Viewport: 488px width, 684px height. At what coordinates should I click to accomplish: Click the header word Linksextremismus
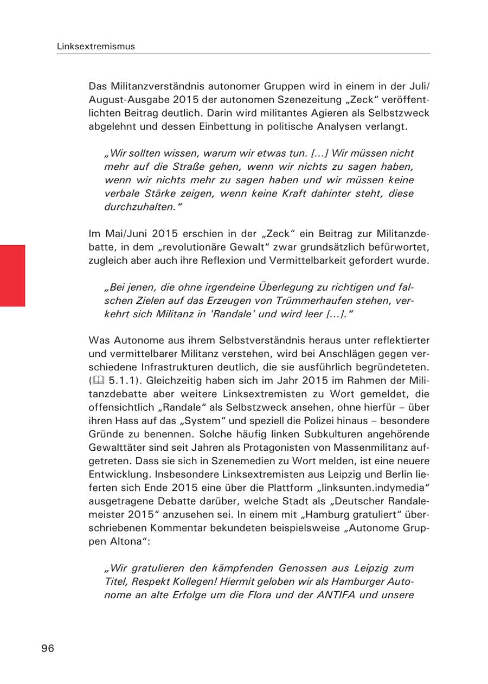[x=96, y=47]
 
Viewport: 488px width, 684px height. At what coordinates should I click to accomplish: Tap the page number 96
[x=48, y=648]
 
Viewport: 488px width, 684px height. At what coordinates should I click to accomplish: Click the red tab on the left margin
[x=12, y=276]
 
